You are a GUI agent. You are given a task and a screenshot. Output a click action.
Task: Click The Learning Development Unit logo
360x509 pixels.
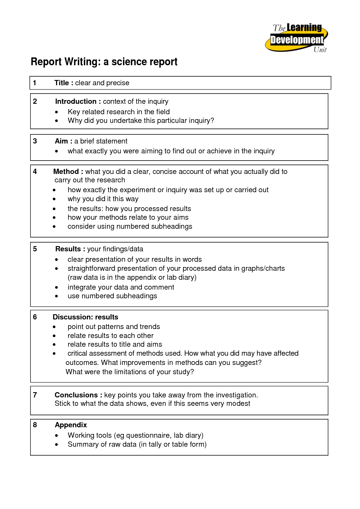pyautogui.click(x=296, y=38)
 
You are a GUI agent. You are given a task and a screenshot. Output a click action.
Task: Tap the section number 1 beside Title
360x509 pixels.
pyautogui.click(x=35, y=83)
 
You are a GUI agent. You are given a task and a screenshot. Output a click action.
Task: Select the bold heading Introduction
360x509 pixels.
pyautogui.click(x=76, y=101)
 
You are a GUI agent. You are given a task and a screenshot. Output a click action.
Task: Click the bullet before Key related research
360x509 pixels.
pyautogui.click(x=57, y=112)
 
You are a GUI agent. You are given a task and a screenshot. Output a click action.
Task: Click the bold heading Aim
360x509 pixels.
pyautogui.click(x=61, y=141)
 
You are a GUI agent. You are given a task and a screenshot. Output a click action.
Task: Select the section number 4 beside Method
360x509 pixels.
pyautogui.click(x=35, y=172)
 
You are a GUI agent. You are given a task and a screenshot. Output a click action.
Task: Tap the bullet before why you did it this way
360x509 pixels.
pyautogui.click(x=54, y=199)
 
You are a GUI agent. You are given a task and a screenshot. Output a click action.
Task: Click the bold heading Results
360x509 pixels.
pyautogui.click(x=68, y=249)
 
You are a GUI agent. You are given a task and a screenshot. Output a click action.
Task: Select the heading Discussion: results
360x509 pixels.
pyautogui.click(x=85, y=317)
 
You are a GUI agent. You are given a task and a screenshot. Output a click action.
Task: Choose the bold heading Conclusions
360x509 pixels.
pyautogui.click(x=76, y=395)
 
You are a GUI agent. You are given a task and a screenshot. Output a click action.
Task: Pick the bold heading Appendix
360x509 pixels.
pyautogui.click(x=71, y=425)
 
